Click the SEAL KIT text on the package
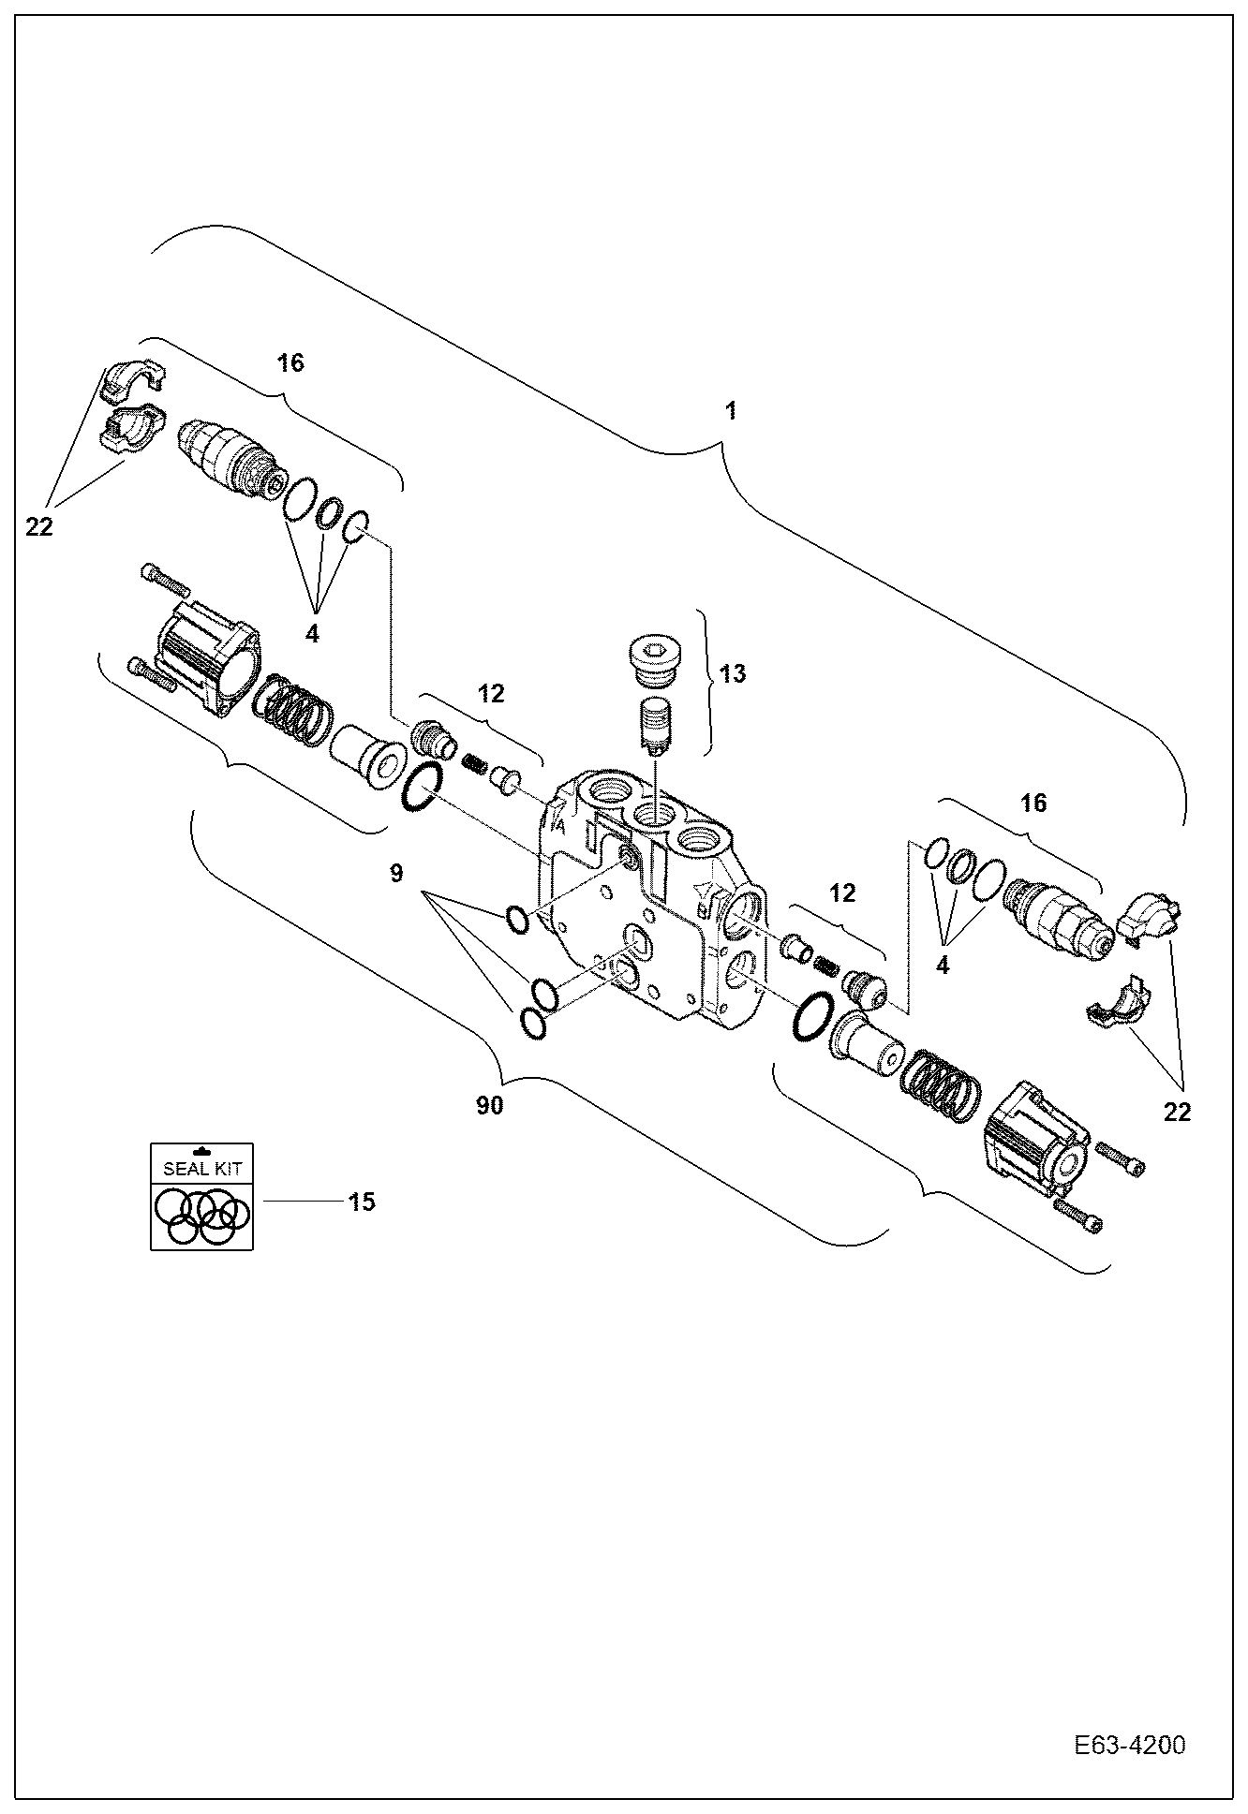click(x=202, y=1169)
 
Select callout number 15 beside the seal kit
click(x=362, y=1202)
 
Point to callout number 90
click(x=489, y=1105)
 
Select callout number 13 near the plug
click(x=733, y=673)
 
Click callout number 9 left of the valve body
click(x=396, y=873)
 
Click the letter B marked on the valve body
click(x=701, y=909)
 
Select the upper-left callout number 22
click(x=39, y=526)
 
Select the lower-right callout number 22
click(x=1177, y=1112)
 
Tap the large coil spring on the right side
click(x=940, y=1084)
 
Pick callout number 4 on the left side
click(x=312, y=633)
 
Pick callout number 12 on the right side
click(x=842, y=892)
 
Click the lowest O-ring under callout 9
click(x=533, y=1025)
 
